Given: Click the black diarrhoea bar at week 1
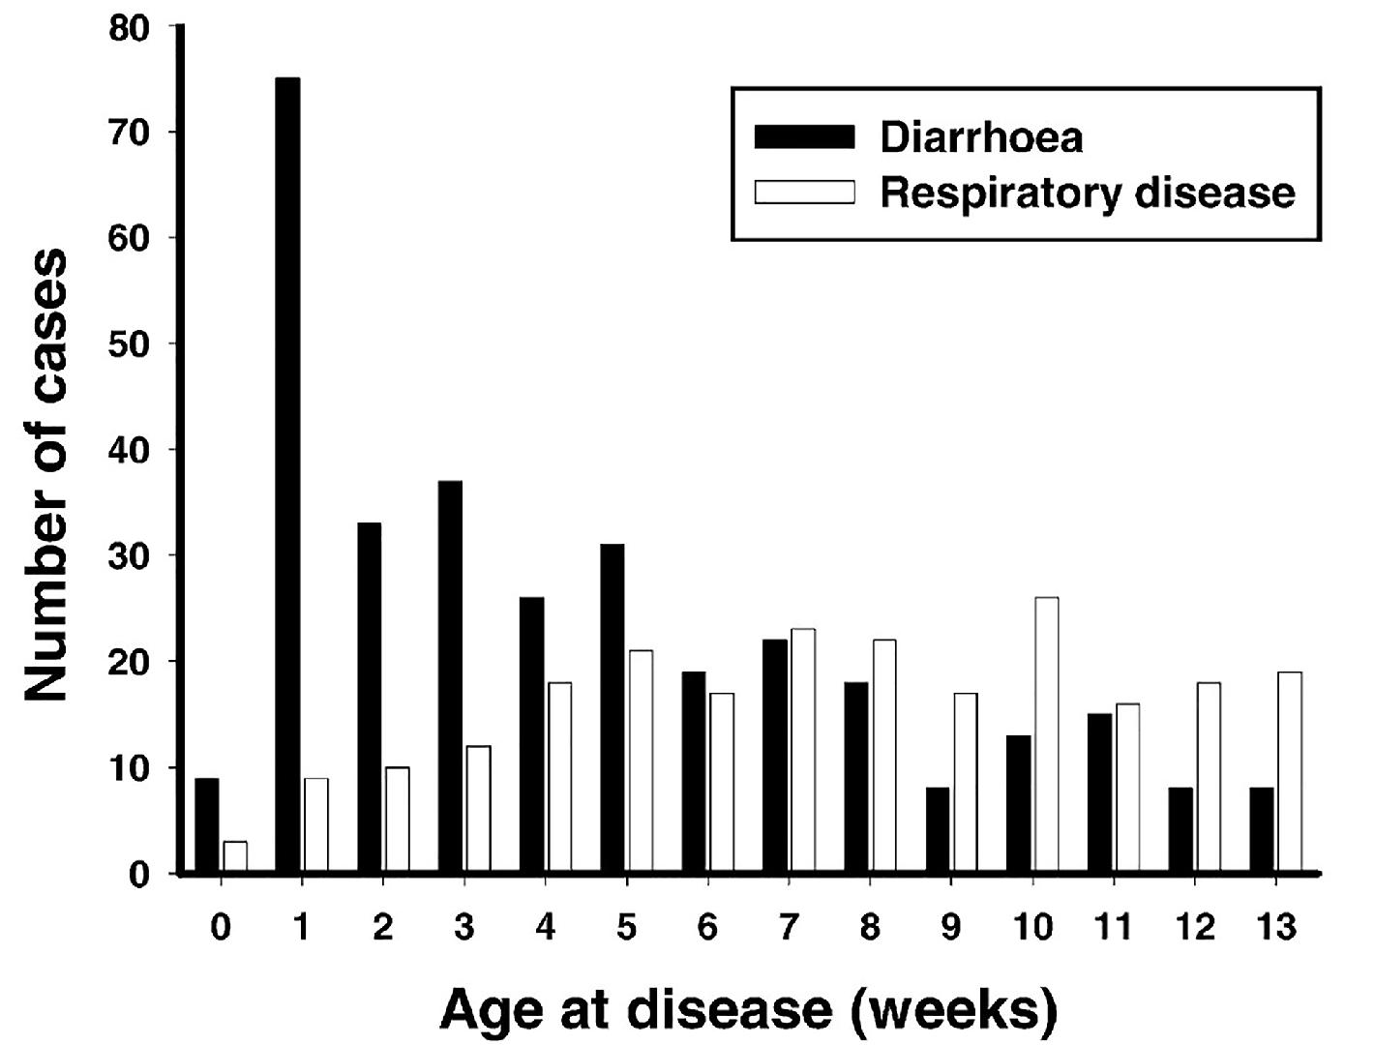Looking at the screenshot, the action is pos(287,474).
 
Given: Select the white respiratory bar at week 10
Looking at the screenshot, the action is pos(1047,733).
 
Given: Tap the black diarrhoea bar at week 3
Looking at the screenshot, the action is pos(450,675).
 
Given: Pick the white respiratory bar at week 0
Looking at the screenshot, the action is pos(235,856).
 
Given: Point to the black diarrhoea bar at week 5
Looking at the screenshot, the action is pos(612,707).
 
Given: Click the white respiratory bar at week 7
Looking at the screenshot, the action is pos(803,750).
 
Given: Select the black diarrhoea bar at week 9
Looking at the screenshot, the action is pos(937,829).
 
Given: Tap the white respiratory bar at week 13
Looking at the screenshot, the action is pos(1291,771).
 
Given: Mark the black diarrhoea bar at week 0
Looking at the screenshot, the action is pos(207,824).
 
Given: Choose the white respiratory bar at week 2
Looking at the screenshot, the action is pos(397,819).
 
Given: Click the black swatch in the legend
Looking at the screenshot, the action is pos(804,136).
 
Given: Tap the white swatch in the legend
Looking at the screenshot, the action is pos(804,193).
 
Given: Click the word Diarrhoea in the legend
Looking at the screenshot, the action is pos(981,136).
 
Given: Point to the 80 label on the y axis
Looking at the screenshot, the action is pos(129,29).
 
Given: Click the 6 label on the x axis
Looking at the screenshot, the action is pos(708,927).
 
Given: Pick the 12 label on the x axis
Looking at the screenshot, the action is pos(1195,927).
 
